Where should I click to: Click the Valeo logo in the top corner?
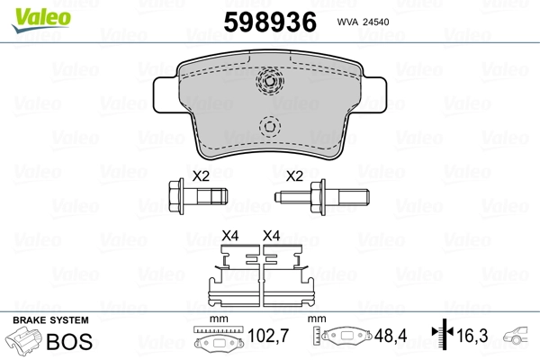pos(41,20)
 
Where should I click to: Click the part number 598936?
pos(270,22)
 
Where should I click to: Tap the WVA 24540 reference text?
pos(363,22)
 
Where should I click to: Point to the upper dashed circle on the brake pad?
pos(270,81)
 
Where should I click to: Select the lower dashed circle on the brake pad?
pos(270,127)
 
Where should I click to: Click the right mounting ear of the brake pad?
pos(373,94)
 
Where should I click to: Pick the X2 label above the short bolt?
pos(201,176)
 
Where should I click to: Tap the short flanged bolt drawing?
pos(198,197)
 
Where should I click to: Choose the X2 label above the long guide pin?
pos(294,176)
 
